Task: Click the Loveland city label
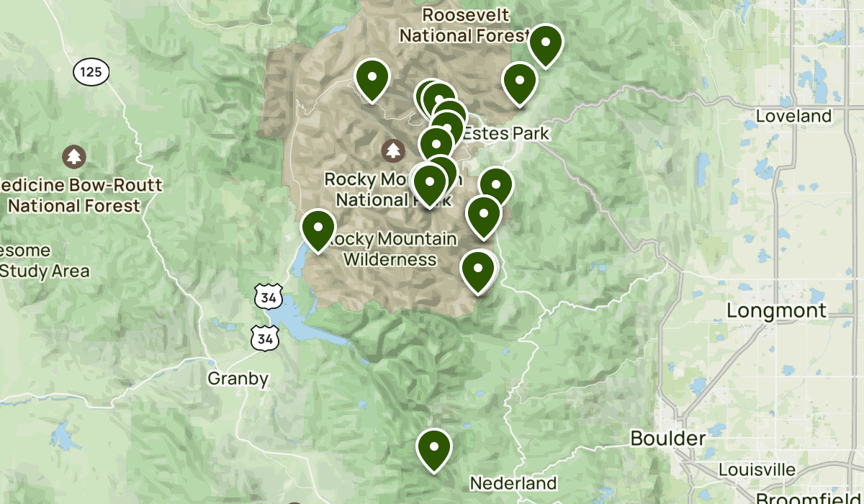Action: tap(794, 116)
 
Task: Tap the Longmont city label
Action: tap(777, 310)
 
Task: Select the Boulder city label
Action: tap(667, 438)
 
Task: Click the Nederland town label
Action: tap(513, 483)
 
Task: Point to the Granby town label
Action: tap(238, 379)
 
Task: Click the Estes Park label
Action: tap(505, 133)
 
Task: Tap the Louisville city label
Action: tap(757, 470)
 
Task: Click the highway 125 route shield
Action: tap(91, 71)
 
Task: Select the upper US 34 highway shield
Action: tap(268, 296)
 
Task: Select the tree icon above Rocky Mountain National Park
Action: tap(392, 150)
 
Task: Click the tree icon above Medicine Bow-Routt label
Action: tap(73, 156)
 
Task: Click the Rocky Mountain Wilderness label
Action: tap(391, 248)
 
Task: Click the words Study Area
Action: tap(45, 271)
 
